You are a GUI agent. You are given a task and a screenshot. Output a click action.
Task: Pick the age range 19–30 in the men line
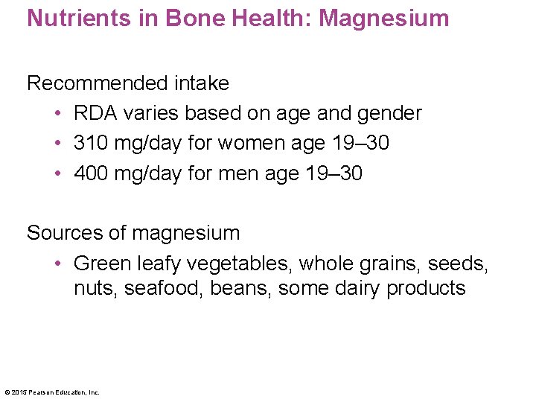(334, 173)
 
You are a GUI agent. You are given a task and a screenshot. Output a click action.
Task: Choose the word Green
(103, 263)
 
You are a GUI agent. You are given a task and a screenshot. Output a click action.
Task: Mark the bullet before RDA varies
(57, 113)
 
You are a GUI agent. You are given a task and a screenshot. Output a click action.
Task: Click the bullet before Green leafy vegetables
(57, 263)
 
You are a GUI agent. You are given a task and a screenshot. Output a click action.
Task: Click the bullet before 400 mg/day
(57, 173)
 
